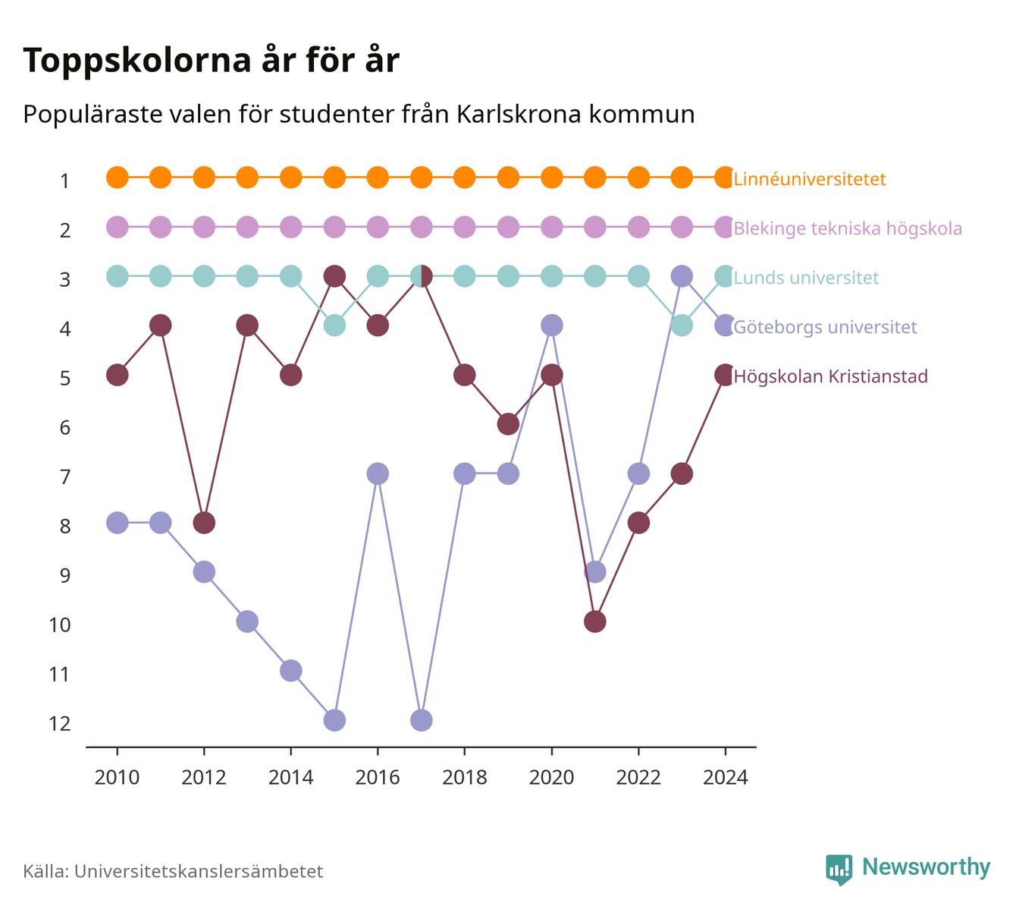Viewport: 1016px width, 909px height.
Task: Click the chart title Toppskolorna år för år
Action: (211, 60)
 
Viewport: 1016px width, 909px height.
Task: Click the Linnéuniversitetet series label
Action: (810, 178)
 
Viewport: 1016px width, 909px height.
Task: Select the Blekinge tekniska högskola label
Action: (848, 228)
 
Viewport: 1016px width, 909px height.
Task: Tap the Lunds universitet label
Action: (806, 278)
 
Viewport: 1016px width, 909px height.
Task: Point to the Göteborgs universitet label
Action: (825, 327)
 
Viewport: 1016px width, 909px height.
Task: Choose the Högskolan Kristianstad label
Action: (830, 376)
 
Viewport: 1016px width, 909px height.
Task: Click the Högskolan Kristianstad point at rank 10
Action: (594, 621)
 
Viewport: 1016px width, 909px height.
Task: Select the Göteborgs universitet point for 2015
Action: (334, 720)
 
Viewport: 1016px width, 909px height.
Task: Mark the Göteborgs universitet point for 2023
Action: (682, 276)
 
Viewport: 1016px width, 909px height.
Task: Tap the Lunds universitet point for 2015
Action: (334, 326)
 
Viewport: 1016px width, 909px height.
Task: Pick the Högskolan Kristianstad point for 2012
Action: (204, 523)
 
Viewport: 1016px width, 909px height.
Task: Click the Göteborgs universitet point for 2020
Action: (552, 326)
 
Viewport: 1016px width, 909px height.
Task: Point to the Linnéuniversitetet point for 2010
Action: (118, 178)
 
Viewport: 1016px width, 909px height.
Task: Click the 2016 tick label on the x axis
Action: (378, 778)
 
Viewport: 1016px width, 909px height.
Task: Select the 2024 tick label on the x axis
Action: (725, 778)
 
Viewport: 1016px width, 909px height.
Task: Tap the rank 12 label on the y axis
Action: (60, 724)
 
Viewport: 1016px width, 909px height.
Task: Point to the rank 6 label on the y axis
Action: (65, 428)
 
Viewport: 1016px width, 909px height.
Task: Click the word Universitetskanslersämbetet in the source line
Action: (199, 871)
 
